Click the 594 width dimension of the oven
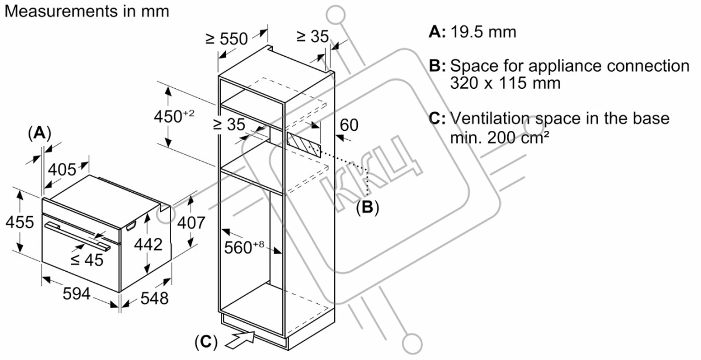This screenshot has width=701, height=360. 77,294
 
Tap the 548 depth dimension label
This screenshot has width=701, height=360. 155,298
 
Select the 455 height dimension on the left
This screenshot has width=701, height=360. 20,222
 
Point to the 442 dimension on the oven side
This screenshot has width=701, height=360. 148,244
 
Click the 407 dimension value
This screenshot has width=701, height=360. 191,223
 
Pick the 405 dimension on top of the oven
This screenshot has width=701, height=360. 62,169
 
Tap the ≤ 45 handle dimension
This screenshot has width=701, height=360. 86,260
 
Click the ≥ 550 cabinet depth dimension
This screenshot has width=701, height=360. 227,39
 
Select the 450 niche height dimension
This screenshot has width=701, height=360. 174,116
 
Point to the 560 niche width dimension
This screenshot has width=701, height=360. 244,247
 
